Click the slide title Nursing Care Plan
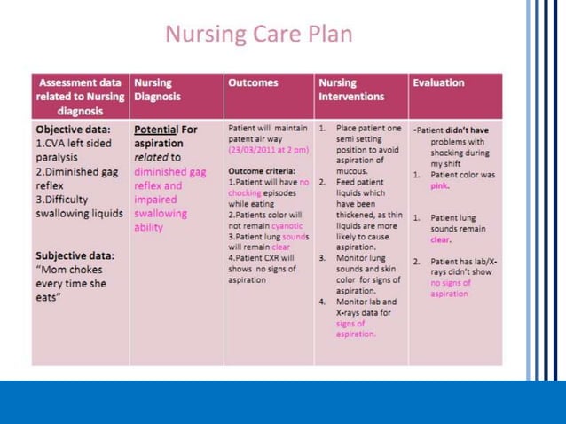coord(259,35)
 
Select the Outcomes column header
coord(253,82)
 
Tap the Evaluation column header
coord(438,82)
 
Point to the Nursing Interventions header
coord(351,90)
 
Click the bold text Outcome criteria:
coord(261,170)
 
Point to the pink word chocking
coord(245,192)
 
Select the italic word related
coord(151,157)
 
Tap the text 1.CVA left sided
coord(75,143)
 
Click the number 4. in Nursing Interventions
coord(323,302)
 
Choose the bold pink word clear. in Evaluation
coord(442,239)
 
